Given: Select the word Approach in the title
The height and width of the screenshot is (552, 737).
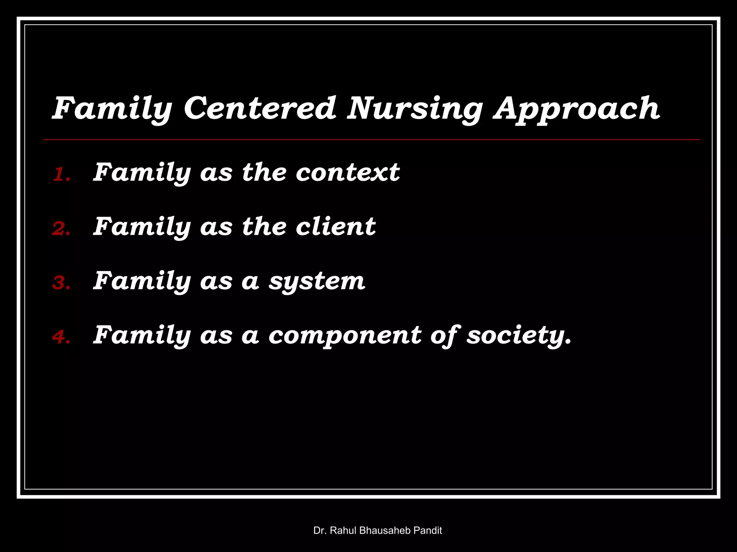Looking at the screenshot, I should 577,109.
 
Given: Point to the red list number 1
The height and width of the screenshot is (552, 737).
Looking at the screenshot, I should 60,175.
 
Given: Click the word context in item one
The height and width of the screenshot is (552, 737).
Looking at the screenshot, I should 347,172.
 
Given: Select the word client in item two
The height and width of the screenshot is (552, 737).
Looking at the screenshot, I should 335,227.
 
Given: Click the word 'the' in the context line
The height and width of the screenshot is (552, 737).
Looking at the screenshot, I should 264,172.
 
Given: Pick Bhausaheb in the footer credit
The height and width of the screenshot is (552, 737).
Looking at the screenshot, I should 385,530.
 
